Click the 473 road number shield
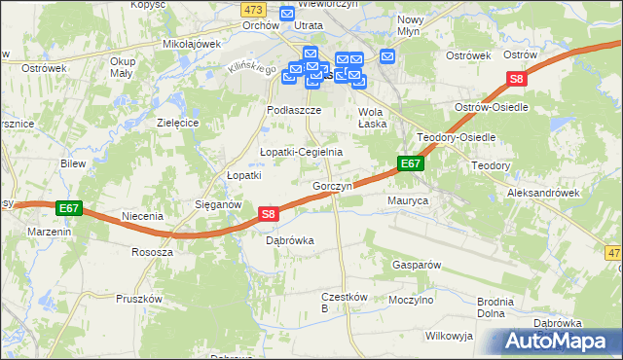pos(254,8)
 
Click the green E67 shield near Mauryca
pos(410,165)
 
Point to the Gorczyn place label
pos(331,186)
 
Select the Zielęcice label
pos(178,124)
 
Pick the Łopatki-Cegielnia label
pos(301,152)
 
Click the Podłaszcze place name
pos(288,111)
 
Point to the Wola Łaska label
pos(366,117)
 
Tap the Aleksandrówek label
pos(543,194)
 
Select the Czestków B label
pos(339,302)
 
